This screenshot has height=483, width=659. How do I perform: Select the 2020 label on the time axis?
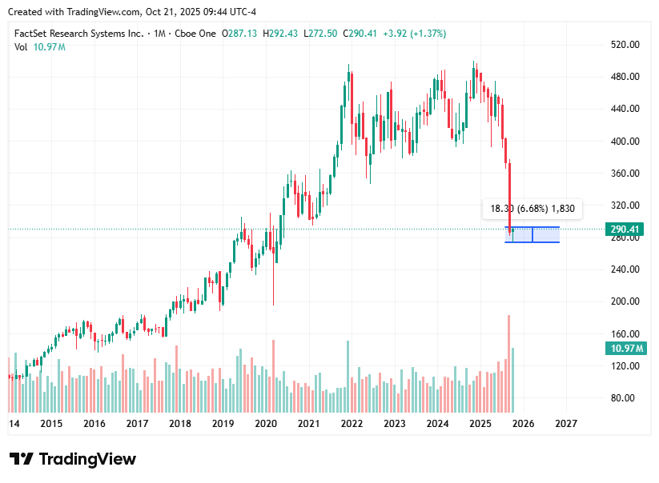coord(266,424)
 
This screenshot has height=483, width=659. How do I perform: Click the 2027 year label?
coord(566,424)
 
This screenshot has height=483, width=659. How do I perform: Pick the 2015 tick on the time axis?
coord(51,424)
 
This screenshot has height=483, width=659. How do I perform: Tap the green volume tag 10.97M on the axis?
coord(625,349)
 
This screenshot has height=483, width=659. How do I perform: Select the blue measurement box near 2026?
coord(532,235)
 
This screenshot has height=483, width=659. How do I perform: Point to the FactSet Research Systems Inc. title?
coord(79,34)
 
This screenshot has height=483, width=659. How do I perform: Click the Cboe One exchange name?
coord(197,34)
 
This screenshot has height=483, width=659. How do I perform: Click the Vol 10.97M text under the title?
coord(40,47)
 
